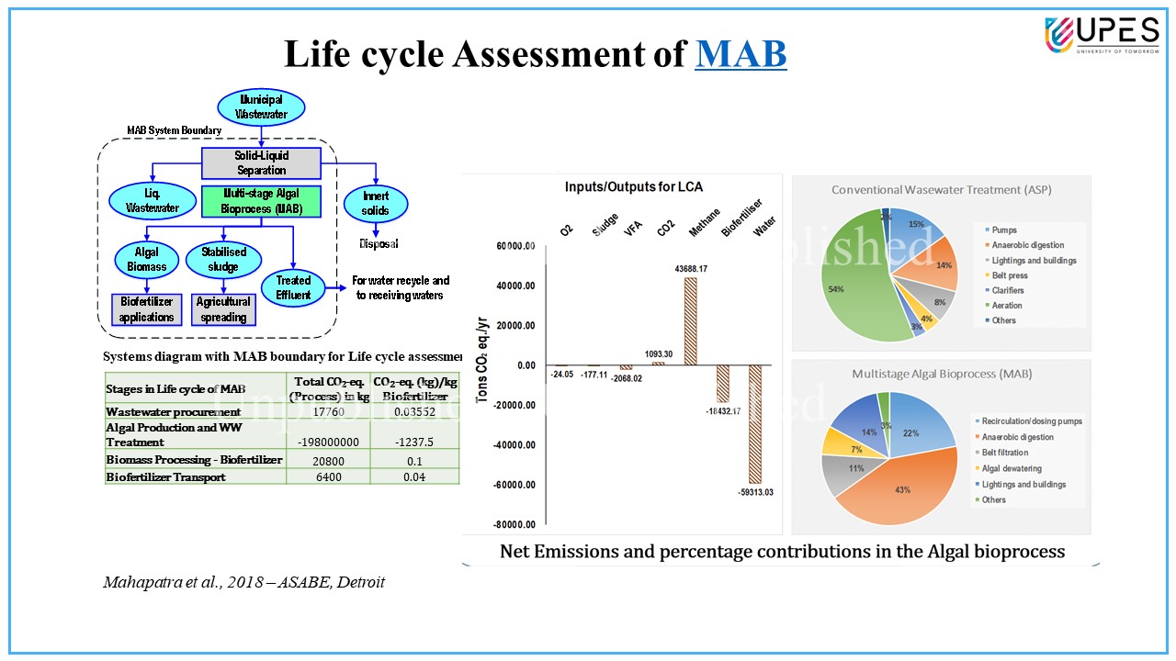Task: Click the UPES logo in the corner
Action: (1102, 36)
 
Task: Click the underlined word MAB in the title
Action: (741, 53)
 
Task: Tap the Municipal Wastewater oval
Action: (262, 106)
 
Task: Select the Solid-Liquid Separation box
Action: (261, 163)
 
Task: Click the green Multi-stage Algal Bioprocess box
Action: (261, 201)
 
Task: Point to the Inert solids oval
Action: (375, 203)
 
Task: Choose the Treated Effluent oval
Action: (293, 287)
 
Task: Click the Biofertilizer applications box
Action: (146, 309)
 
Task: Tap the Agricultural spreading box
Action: (223, 309)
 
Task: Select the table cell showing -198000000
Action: (327, 442)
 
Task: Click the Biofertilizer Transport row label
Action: (166, 476)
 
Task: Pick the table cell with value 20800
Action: (327, 460)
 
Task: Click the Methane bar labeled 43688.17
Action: (690, 321)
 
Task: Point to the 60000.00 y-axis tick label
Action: (514, 246)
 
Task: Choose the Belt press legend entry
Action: (1012, 275)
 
